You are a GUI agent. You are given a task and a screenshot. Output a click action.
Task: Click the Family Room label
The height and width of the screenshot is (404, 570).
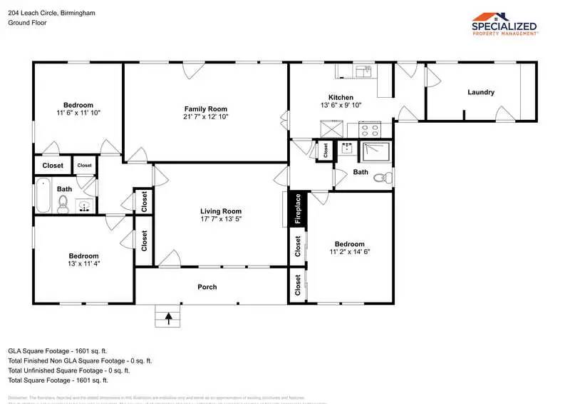click(205, 108)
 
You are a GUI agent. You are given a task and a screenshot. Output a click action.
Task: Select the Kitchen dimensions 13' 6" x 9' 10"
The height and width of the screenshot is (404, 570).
click(341, 106)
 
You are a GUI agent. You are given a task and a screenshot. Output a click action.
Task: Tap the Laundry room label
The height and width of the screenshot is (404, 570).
click(481, 92)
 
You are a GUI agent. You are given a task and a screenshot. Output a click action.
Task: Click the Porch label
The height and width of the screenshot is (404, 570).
click(207, 287)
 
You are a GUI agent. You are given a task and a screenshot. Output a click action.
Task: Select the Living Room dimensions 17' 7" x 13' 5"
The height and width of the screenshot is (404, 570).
click(220, 219)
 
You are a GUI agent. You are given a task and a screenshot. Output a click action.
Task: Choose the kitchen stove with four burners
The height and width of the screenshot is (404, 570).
click(370, 129)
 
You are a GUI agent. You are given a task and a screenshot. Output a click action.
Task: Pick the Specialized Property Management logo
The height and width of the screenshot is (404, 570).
click(505, 24)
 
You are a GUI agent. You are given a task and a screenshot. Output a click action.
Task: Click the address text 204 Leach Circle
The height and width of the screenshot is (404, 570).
click(51, 13)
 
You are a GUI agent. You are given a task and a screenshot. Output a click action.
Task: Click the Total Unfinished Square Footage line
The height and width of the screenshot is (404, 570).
click(68, 370)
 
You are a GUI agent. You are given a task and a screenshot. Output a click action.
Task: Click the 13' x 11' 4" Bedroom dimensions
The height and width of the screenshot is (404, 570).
click(83, 263)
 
